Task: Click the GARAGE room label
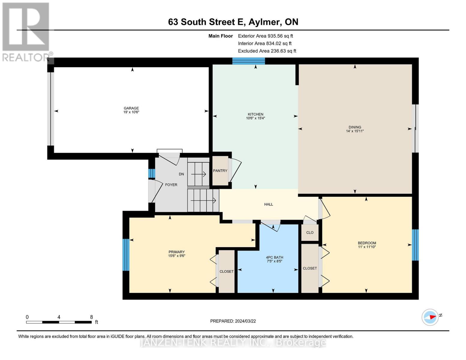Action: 131,108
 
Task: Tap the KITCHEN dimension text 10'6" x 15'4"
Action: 255,118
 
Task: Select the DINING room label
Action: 355,127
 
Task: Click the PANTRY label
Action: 220,171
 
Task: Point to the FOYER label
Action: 171,185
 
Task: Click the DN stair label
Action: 181,174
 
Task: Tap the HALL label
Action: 268,204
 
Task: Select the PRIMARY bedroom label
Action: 176,252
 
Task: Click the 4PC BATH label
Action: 274,257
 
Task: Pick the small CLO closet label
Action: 310,232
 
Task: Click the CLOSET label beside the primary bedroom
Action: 226,271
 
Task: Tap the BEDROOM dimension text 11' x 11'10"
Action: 367,247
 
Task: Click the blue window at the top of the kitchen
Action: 248,61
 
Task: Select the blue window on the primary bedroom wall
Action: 126,255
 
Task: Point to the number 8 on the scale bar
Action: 91,317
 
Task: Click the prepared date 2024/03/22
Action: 245,321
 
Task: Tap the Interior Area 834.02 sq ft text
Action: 264,43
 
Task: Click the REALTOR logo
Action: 26,31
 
